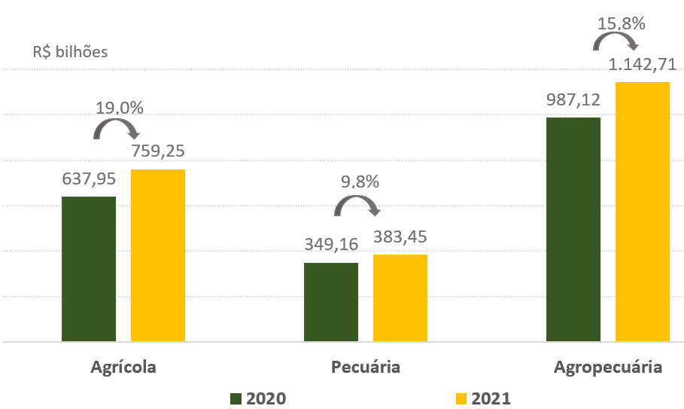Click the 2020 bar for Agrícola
pyautogui.click(x=89, y=269)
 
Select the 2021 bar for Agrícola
pyautogui.click(x=158, y=255)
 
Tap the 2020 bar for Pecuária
pyautogui.click(x=331, y=302)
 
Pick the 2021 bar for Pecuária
pyautogui.click(x=400, y=298)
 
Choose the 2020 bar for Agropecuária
pyautogui.click(x=573, y=230)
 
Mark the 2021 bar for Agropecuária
pyautogui.click(x=643, y=212)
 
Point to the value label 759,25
pyautogui.click(x=158, y=151)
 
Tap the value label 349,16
pyautogui.click(x=331, y=246)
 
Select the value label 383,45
pyautogui.click(x=400, y=237)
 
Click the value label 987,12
pyautogui.click(x=573, y=100)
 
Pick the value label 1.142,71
pyautogui.click(x=643, y=66)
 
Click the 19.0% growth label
pyautogui.click(x=120, y=108)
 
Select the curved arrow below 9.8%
pyautogui.click(x=357, y=206)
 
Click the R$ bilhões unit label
pyautogui.click(x=70, y=53)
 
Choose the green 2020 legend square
pyautogui.click(x=236, y=398)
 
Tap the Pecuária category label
pyautogui.click(x=365, y=368)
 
